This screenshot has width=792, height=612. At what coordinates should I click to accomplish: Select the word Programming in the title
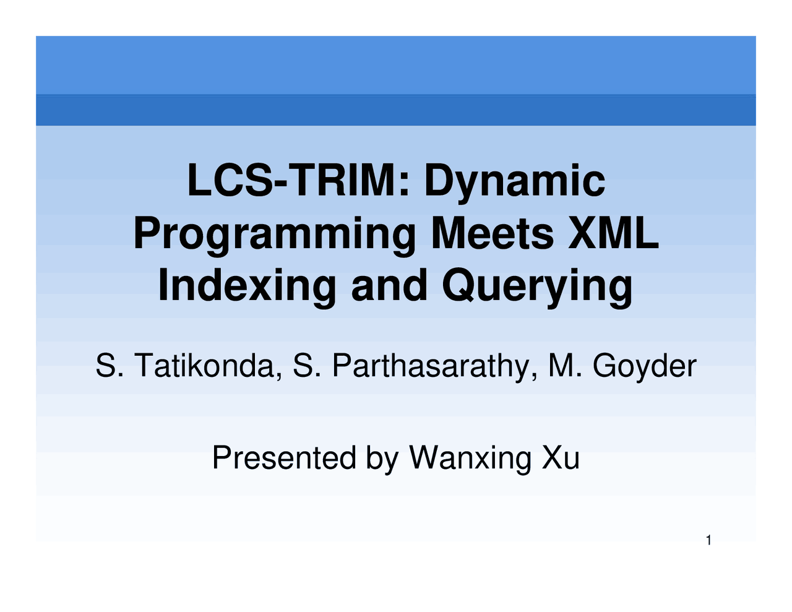[x=275, y=235]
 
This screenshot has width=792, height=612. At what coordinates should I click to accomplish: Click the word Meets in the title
[x=492, y=233]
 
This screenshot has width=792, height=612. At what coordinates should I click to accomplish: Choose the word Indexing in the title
[x=247, y=287]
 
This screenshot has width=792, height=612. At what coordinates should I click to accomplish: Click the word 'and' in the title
[x=389, y=285]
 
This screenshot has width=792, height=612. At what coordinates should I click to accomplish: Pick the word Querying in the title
[x=537, y=287]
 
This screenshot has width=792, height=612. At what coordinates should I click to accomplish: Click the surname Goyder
[x=644, y=366]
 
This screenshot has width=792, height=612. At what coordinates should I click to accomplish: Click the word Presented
[x=284, y=458]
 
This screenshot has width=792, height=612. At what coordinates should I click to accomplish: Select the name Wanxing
[x=470, y=458]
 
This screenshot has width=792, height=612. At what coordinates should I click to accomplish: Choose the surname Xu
[x=561, y=458]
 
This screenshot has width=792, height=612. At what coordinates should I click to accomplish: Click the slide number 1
[x=709, y=541]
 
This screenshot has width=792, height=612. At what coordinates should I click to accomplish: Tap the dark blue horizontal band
[x=396, y=110]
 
